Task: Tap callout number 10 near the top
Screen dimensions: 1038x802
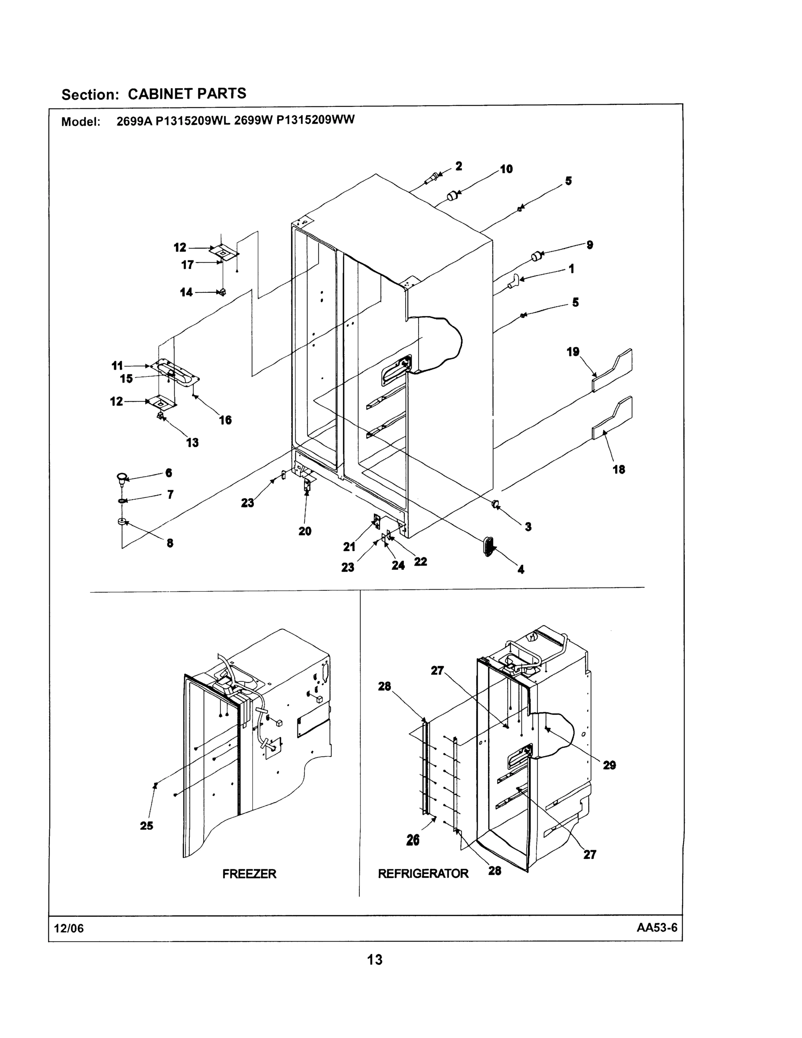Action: pyautogui.click(x=506, y=169)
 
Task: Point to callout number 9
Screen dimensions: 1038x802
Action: pyautogui.click(x=590, y=245)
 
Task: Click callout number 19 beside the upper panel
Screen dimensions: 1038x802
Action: pyautogui.click(x=573, y=352)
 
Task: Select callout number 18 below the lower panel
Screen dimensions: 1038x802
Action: pyautogui.click(x=619, y=470)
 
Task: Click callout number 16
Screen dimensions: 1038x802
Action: pyautogui.click(x=225, y=420)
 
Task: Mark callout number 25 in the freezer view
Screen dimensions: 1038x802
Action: pyautogui.click(x=146, y=826)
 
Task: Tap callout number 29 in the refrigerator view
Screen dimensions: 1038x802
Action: pyautogui.click(x=610, y=765)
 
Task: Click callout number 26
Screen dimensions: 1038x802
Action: pyautogui.click(x=413, y=841)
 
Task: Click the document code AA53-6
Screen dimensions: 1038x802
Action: pyautogui.click(x=657, y=927)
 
